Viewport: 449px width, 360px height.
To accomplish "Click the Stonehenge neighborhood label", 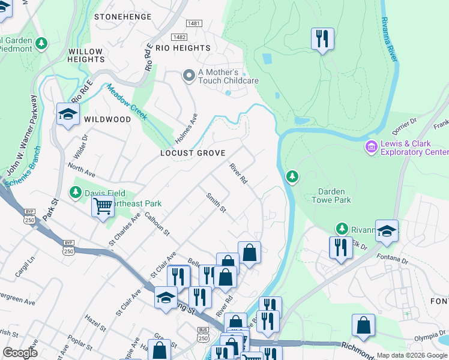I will [x=123, y=17].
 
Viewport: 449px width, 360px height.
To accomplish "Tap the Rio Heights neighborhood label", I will [x=182, y=48].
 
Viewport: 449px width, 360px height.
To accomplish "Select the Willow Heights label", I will [x=86, y=56].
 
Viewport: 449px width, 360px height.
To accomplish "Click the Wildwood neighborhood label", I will [x=107, y=119].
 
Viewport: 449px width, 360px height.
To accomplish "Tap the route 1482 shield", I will [x=179, y=37].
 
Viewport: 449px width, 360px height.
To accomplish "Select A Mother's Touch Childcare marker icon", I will [x=189, y=75].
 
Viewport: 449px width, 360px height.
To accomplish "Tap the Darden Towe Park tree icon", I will [x=292, y=176].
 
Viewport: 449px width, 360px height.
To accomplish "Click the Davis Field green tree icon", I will [x=76, y=193].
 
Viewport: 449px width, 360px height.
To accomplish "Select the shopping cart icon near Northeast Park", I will [x=103, y=206].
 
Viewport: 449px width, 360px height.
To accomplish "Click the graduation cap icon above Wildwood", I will [x=68, y=113].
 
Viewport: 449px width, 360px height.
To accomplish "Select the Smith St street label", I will [x=215, y=203].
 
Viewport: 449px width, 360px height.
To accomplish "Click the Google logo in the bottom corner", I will [x=20, y=353].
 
